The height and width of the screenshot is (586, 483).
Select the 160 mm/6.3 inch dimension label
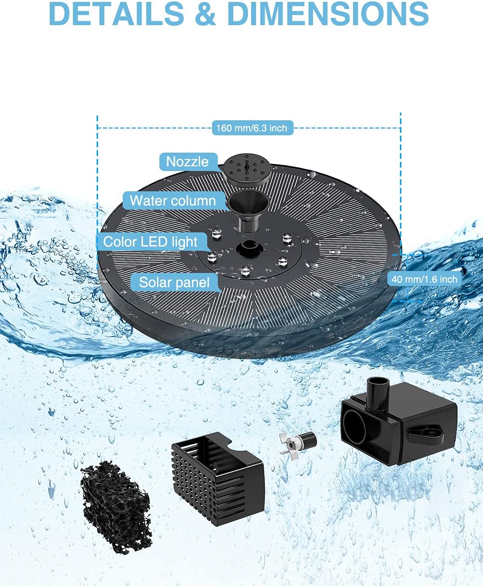coord(251,128)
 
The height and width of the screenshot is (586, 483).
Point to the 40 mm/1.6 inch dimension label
coord(424,279)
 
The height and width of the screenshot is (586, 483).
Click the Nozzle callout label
coord(187,161)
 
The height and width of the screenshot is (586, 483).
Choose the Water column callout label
coord(172,200)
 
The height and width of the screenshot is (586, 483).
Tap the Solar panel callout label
coord(174,282)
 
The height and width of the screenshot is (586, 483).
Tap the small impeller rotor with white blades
coord(296,441)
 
